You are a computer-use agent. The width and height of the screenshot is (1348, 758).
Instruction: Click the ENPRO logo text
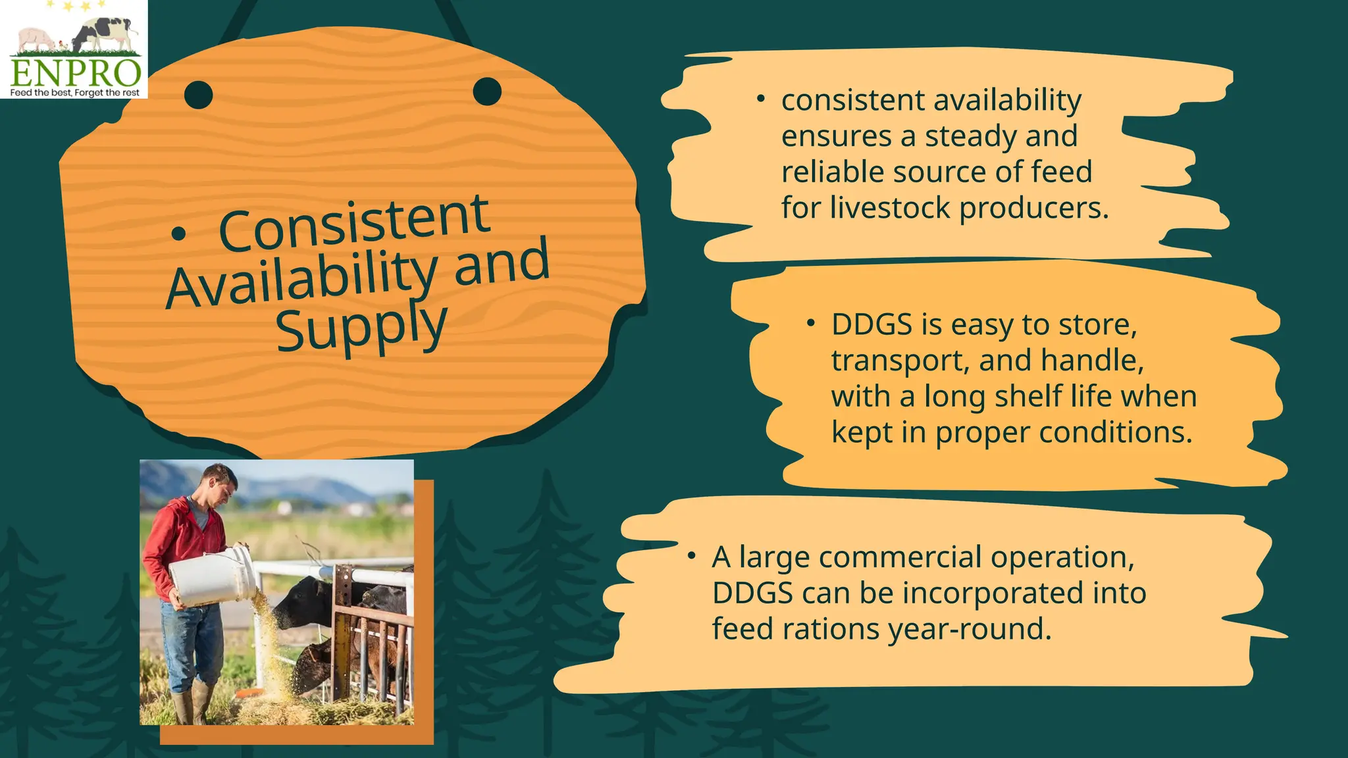(75, 72)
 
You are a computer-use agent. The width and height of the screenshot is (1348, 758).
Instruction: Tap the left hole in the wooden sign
(198, 95)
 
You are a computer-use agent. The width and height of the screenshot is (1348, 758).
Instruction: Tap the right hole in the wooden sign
(487, 91)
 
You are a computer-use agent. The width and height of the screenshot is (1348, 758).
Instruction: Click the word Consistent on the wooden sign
(354, 224)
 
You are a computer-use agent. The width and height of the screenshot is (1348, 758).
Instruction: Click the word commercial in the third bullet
(900, 557)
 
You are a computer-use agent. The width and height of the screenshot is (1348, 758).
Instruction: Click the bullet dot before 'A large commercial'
(691, 557)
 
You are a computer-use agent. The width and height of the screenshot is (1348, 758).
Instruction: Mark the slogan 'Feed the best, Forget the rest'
(74, 93)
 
